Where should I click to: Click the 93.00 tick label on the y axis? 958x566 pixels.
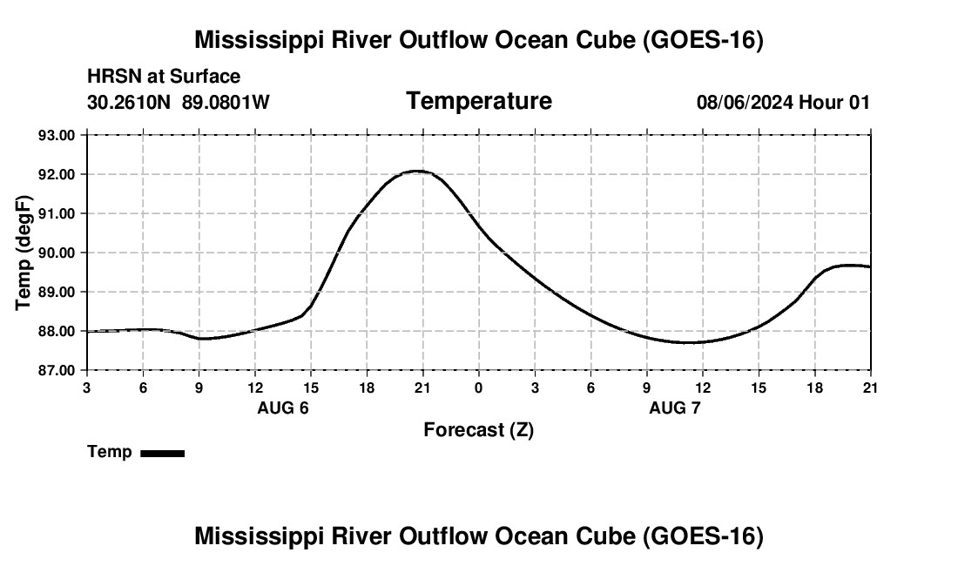[x=57, y=135]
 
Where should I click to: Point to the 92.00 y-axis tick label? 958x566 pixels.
[x=57, y=175]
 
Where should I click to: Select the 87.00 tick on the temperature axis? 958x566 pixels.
[x=57, y=371]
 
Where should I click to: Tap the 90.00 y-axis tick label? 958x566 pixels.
[x=57, y=253]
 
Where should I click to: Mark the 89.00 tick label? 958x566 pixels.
[x=57, y=292]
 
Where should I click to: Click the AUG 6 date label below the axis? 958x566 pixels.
[x=283, y=408]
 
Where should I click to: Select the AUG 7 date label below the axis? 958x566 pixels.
[x=674, y=408]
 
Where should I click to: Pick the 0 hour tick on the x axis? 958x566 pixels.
[x=478, y=387]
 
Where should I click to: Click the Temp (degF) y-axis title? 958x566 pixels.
[x=24, y=253]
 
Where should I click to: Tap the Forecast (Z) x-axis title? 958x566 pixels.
[x=478, y=430]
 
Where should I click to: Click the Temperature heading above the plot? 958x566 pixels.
[x=479, y=101]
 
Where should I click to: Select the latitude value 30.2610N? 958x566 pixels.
[x=129, y=102]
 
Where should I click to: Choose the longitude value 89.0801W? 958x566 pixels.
[x=226, y=102]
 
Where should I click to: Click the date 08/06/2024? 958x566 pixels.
[x=745, y=102]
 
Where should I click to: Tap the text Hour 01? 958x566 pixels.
[x=834, y=102]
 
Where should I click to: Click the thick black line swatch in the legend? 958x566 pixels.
[x=163, y=453]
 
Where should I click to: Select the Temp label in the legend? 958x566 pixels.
[x=110, y=452]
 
